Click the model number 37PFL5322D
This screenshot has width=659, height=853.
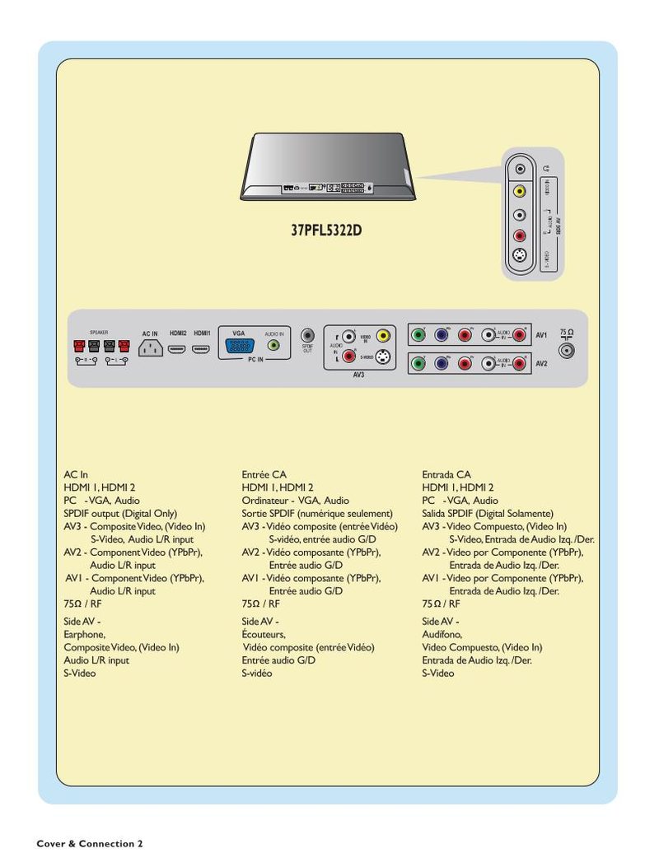(326, 230)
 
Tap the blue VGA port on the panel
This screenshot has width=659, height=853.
(236, 347)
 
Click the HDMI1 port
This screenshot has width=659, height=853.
(202, 349)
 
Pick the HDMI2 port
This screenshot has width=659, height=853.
(177, 349)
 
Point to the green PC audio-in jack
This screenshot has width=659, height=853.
(274, 346)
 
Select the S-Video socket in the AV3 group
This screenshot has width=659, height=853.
(382, 358)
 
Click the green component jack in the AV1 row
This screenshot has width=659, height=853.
(418, 335)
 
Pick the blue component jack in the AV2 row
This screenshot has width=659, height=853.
(442, 363)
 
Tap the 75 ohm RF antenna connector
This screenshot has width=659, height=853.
(566, 350)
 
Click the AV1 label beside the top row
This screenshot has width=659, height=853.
(541, 336)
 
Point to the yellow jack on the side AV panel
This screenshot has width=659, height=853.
(519, 191)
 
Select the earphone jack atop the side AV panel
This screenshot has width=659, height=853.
(519, 169)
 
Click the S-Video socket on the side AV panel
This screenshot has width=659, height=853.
(519, 256)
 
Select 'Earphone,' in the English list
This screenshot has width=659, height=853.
(85, 634)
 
